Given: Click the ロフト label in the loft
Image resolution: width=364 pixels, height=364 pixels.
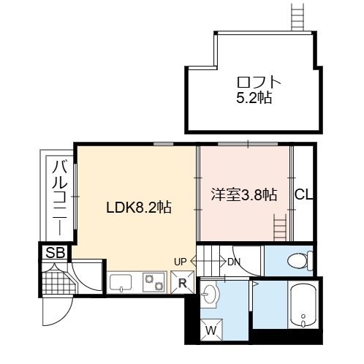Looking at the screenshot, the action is pyautogui.click(x=259, y=82).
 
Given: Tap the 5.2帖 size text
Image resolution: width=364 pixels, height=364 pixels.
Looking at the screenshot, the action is pyautogui.click(x=254, y=98).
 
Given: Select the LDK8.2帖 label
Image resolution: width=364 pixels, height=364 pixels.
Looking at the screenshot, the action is pyautogui.click(x=139, y=208).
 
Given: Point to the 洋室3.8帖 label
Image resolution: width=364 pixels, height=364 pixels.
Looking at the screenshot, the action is pyautogui.click(x=244, y=194).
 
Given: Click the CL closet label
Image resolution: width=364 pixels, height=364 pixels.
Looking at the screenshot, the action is pyautogui.click(x=303, y=194).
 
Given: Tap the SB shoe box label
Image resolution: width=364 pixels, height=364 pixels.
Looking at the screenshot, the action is pyautogui.click(x=56, y=252).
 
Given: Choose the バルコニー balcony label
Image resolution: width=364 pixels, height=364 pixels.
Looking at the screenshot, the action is pyautogui.click(x=60, y=197).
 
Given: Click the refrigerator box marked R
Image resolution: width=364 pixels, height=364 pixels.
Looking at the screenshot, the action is pyautogui.click(x=183, y=282).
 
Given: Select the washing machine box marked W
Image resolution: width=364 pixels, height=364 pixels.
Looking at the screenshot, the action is pyautogui.click(x=211, y=330).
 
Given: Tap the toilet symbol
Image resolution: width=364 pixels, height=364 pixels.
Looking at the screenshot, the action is pyautogui.click(x=300, y=261).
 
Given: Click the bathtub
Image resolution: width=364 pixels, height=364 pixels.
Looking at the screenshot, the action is pyautogui.click(x=303, y=306).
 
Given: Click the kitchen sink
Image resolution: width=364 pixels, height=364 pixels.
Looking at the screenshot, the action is pyautogui.click(x=121, y=283).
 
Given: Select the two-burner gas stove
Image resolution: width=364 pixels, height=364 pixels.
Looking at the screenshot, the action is pyautogui.click(x=153, y=282).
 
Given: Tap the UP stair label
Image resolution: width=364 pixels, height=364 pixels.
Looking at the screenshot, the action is pyautogui.click(x=181, y=262).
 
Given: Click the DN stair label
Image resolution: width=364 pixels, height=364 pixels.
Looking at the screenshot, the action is pyautogui.click(x=234, y=262).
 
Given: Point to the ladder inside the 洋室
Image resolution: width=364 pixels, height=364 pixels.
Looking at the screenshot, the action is pyautogui.click(x=281, y=227).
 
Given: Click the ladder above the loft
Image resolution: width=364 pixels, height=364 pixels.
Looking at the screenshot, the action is pyautogui.click(x=297, y=16).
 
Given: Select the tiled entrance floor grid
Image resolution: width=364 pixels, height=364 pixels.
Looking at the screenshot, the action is pyautogui.click(x=58, y=283).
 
